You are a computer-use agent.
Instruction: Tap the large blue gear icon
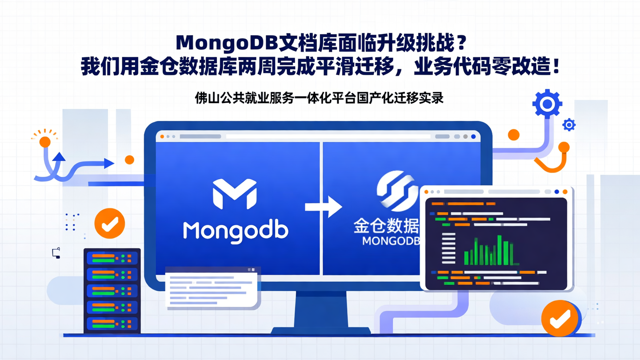click(547, 104)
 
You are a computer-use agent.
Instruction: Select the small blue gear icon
click(569, 125)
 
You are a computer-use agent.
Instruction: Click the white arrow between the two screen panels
click(323, 207)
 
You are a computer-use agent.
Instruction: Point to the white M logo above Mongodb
click(235, 193)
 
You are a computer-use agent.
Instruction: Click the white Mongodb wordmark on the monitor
click(236, 231)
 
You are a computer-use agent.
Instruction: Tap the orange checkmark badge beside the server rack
click(109, 224)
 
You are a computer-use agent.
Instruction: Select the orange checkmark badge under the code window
click(560, 318)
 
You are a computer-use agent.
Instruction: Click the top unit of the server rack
click(112, 258)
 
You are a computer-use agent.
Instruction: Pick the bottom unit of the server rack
click(112, 323)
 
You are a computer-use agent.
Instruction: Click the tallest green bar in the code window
click(500, 250)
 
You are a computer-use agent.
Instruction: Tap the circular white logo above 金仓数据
click(397, 192)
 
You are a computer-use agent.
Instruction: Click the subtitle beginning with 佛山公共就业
click(319, 98)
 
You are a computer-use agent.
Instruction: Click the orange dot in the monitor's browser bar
click(162, 136)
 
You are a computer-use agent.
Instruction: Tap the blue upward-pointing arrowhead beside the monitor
click(59, 156)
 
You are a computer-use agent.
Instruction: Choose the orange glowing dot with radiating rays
click(44, 142)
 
